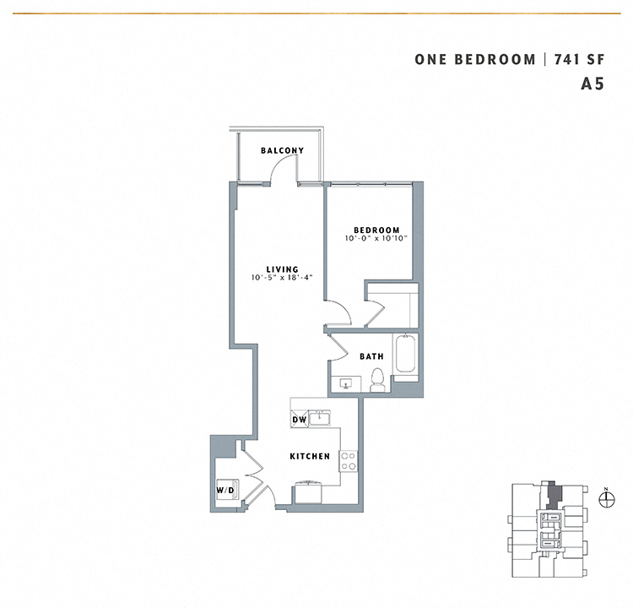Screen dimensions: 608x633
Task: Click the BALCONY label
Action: [282, 150]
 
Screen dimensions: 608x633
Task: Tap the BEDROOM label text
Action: [376, 231]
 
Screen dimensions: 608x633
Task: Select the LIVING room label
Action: [282, 269]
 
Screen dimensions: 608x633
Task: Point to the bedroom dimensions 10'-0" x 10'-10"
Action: [376, 239]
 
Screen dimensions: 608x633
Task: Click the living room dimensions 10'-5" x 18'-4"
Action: [282, 278]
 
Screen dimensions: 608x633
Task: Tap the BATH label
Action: [371, 356]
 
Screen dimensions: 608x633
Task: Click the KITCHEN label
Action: [310, 456]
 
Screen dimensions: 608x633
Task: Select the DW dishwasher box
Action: [299, 419]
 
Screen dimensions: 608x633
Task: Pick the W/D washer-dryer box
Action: [226, 490]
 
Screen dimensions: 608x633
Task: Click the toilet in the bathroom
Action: [377, 383]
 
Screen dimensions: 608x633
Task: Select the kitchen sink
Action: [320, 417]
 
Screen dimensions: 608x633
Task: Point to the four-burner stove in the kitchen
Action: [347, 461]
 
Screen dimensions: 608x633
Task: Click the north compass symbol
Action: [605, 499]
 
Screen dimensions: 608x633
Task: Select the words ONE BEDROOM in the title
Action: [475, 59]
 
